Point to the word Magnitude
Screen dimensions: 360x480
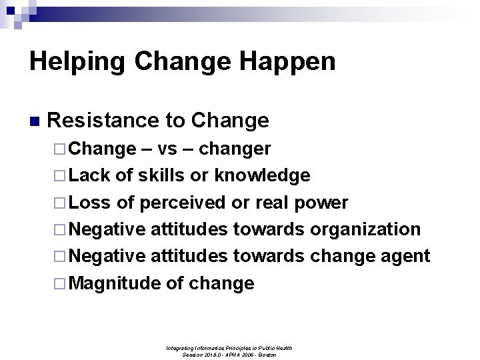pos(115,283)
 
